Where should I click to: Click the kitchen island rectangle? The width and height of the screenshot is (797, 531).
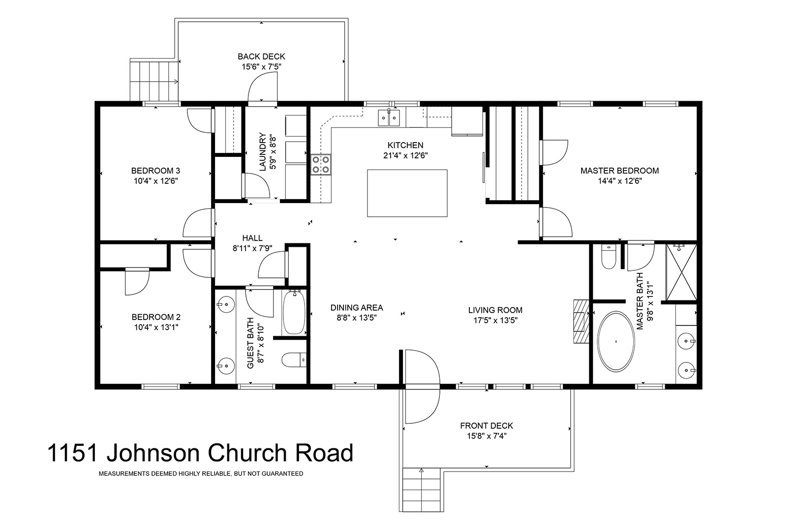tap(407, 193)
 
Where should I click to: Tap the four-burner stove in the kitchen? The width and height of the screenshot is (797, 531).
tap(321, 165)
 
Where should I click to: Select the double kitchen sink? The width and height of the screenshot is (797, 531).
tap(389, 118)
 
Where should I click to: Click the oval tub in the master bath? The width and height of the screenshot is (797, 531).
tap(615, 341)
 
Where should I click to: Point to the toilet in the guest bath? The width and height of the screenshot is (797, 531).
tap(294, 359)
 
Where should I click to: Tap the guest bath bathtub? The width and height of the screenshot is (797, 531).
tap(294, 312)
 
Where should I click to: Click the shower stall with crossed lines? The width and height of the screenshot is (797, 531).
tap(681, 272)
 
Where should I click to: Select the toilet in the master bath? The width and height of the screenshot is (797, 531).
tap(609, 256)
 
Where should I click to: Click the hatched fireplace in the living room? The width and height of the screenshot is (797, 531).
tap(581, 321)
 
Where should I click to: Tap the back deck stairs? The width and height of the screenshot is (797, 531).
tap(153, 81)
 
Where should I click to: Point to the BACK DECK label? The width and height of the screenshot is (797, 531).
tap(262, 57)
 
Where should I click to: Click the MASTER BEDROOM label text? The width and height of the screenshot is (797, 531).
tap(620, 171)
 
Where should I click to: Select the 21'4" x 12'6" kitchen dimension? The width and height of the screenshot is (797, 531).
tap(405, 155)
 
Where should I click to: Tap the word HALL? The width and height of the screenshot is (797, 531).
tap(252, 238)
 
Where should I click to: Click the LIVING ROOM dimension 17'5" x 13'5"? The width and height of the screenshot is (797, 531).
tap(495, 320)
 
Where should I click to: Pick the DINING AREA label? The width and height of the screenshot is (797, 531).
tap(357, 308)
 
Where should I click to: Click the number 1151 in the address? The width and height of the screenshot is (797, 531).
tap(72, 453)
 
